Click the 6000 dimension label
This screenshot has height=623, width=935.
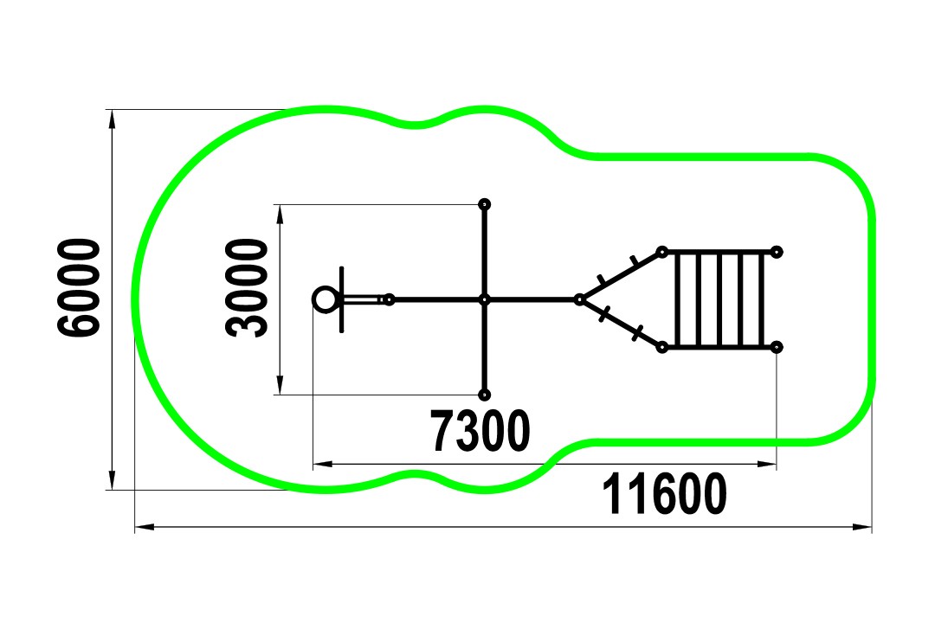[x=79, y=288]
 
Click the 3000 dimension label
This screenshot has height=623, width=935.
[x=246, y=288]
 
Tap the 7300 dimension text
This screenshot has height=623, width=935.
[x=480, y=430]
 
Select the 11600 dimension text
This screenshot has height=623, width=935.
[x=664, y=493]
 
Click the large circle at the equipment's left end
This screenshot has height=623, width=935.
[x=326, y=299]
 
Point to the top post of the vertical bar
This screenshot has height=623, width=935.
[x=485, y=204]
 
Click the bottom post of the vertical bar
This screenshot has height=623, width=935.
[x=485, y=395]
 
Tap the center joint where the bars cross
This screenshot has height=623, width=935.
[x=485, y=299]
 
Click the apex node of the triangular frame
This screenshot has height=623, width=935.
[x=579, y=299]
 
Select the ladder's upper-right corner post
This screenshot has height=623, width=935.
[x=777, y=252]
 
